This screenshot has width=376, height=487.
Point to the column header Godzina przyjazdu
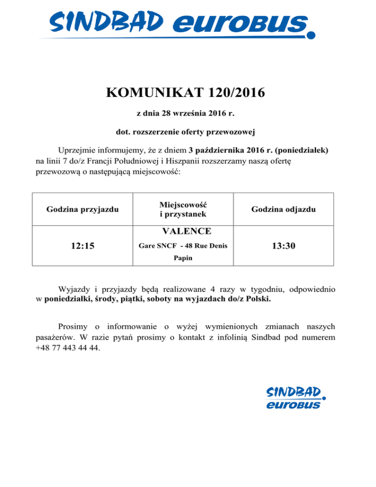[x=83, y=210]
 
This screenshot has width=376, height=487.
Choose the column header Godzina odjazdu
[x=283, y=210]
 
